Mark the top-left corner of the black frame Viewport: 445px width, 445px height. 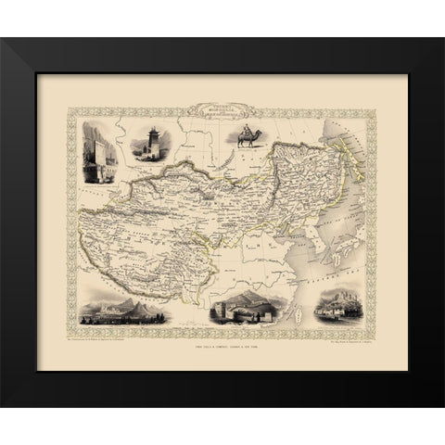pyautogui.click(x=3, y=40)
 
